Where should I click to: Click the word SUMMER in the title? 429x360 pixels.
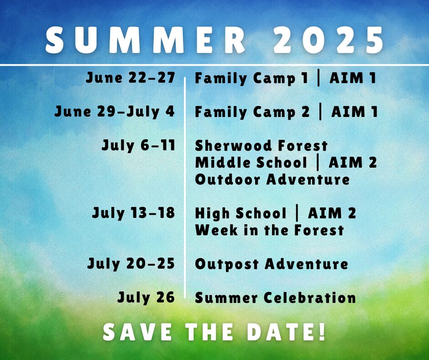point(145,40)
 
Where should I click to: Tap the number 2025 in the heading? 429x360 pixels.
point(328,40)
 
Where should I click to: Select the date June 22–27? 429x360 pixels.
point(130,78)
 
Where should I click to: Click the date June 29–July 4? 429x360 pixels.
point(115,112)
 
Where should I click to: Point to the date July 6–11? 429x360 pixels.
point(138,145)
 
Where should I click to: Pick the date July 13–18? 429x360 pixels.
point(134,213)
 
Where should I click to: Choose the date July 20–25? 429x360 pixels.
point(131,264)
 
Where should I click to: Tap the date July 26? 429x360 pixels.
point(146,297)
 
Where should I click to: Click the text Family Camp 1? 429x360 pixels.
point(251,79)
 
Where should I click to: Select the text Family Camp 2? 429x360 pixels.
point(252,112)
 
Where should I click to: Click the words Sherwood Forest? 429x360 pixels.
point(262,145)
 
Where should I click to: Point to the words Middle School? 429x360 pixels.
point(251,163)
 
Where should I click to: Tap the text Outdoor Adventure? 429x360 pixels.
point(272,180)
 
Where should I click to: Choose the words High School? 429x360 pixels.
point(241,213)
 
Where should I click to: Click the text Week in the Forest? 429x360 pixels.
point(269,230)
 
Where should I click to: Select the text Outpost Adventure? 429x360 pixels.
point(272,264)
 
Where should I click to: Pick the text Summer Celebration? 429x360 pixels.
point(275,297)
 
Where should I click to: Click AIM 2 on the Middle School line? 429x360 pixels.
point(353,163)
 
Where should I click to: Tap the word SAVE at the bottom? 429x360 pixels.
point(137,332)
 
